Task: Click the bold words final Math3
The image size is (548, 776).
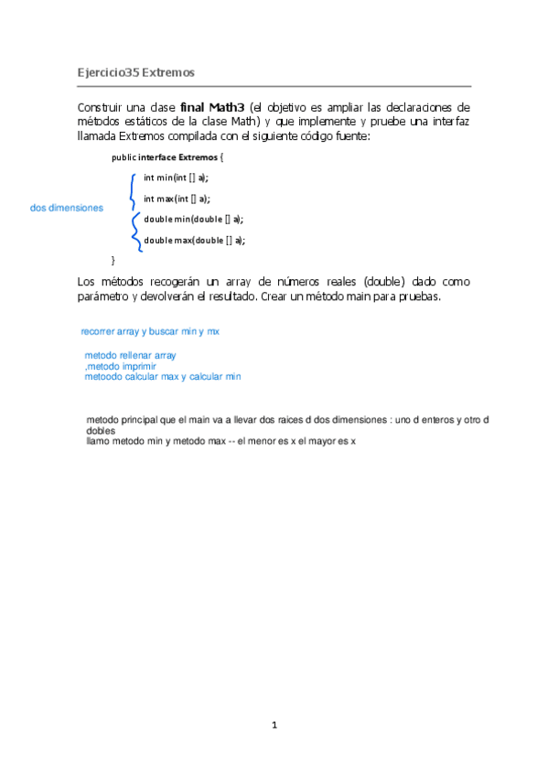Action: tap(212, 106)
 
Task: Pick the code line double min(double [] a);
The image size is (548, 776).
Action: tap(194, 220)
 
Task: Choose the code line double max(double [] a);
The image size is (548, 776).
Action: tap(195, 241)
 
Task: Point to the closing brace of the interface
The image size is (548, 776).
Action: tap(113, 261)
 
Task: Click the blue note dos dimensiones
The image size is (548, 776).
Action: tap(66, 209)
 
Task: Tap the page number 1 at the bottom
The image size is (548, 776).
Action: tap(274, 726)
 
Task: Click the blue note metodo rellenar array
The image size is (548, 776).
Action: tap(130, 355)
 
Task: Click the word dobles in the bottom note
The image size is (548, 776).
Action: tap(101, 430)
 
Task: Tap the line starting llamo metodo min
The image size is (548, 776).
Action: tap(220, 441)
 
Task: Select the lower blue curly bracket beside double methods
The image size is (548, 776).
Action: tap(136, 231)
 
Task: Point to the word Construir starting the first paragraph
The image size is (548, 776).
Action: tap(102, 106)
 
